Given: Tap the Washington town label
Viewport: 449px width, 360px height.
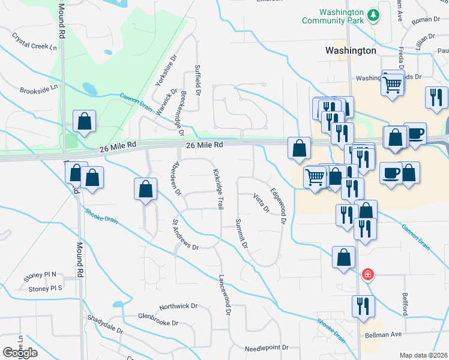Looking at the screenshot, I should point(351,51).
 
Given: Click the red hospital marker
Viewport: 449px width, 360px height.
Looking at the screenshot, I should point(367,275).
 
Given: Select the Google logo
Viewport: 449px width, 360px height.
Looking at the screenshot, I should point(20,353).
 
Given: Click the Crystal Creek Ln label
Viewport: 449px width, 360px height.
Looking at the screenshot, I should point(37,41).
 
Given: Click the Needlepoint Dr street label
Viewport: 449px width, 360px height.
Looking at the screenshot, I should point(267,348).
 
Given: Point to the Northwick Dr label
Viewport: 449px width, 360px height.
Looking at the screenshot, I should point(178,306).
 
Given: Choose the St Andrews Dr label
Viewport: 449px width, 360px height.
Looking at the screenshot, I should point(185,234).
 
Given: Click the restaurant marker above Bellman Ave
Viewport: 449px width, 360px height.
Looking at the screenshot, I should point(363,305).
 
